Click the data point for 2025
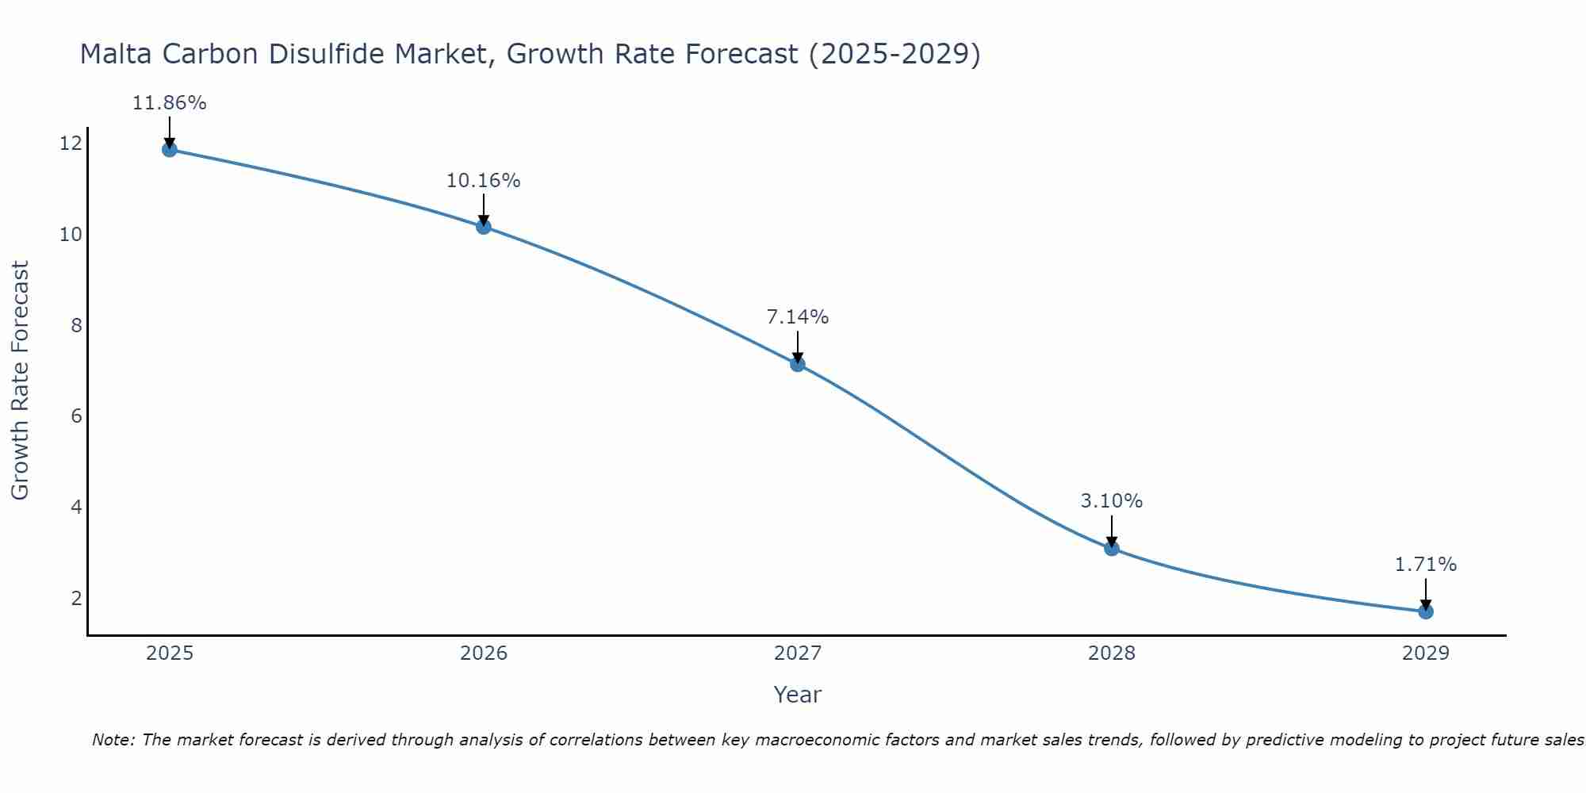click(169, 149)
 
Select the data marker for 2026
click(484, 227)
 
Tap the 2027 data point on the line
click(798, 364)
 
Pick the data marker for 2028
click(1112, 548)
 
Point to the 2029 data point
click(1426, 611)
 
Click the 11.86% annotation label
click(169, 103)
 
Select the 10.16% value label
click(484, 181)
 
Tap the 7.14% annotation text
click(798, 317)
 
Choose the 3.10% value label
click(1112, 501)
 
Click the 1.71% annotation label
click(1426, 565)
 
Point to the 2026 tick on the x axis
click(484, 653)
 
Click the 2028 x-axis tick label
click(1112, 653)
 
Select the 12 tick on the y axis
click(71, 144)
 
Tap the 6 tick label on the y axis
click(76, 416)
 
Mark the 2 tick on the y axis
click(76, 598)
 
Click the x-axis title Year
click(798, 695)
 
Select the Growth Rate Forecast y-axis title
click(20, 381)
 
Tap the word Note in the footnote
click(113, 740)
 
